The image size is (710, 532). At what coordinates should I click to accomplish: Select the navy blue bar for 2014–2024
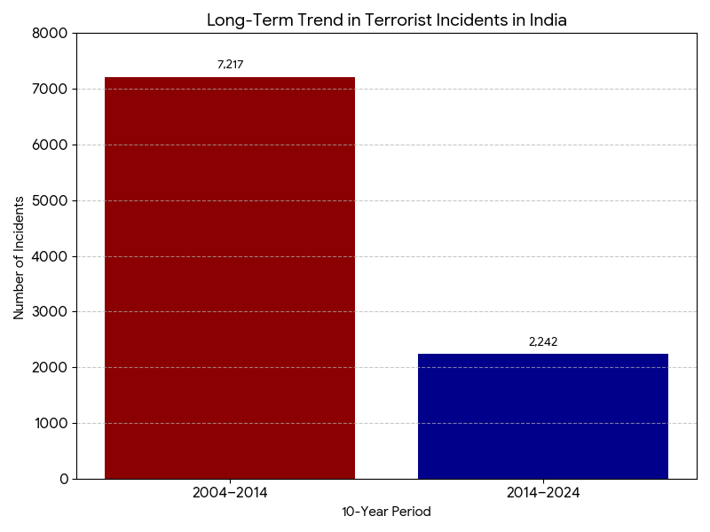(543, 416)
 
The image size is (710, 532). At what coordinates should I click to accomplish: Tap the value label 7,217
(230, 65)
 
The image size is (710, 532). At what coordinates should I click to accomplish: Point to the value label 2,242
(543, 342)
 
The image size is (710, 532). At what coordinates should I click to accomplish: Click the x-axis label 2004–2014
(230, 493)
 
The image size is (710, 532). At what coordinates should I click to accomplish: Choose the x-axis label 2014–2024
(543, 493)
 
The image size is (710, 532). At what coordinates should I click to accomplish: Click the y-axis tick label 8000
(51, 34)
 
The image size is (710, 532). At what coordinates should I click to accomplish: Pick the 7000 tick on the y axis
(51, 90)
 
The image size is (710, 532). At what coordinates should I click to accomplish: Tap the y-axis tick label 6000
(51, 145)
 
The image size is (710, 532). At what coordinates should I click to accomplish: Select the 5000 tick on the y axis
(51, 201)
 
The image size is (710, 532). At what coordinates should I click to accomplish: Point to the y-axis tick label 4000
(51, 256)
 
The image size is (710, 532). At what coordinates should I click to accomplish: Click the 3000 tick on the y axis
(51, 312)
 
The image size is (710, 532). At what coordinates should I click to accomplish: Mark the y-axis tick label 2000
(51, 368)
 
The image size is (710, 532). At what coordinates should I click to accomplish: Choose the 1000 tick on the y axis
(51, 424)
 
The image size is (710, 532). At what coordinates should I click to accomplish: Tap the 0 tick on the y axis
(64, 480)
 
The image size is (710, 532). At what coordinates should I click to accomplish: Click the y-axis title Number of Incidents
(20, 257)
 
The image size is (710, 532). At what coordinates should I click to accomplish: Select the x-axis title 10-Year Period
(386, 512)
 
